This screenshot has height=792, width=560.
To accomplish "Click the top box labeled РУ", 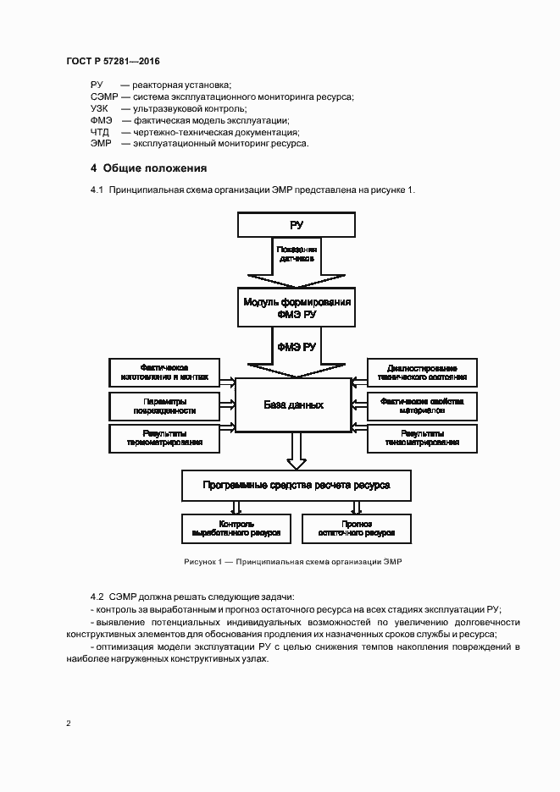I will click(296, 225).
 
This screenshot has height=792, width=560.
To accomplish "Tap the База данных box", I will click(292, 405).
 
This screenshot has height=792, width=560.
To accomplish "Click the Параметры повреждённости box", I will click(164, 405).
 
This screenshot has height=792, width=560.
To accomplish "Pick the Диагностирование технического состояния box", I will click(422, 373).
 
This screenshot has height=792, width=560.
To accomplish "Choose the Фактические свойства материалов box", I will click(422, 405).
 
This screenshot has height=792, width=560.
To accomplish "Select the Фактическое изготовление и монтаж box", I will click(164, 373).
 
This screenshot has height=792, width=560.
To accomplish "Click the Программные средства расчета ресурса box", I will click(297, 486).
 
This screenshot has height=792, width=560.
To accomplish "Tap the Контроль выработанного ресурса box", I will click(236, 529).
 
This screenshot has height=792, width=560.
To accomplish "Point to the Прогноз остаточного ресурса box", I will click(357, 529).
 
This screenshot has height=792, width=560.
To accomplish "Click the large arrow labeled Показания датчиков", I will click(296, 261).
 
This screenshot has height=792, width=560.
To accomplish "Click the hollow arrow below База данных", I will click(296, 451).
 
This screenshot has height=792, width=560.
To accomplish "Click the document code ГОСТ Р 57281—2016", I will click(112, 63).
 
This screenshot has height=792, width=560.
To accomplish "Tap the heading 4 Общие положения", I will click(148, 168).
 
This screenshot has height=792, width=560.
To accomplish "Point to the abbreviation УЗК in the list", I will click(101, 109).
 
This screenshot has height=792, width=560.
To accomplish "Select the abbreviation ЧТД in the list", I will click(100, 132).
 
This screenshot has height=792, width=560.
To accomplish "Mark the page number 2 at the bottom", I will click(69, 723).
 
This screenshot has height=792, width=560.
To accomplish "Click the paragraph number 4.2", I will click(97, 597).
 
